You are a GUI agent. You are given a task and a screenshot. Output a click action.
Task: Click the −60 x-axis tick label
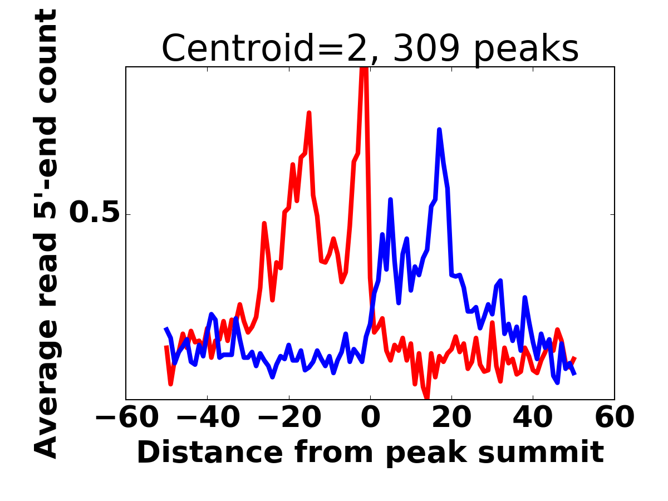(126, 417)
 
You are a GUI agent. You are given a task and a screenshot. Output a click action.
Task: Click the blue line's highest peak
(439, 130)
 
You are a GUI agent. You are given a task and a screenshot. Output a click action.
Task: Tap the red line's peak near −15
(309, 113)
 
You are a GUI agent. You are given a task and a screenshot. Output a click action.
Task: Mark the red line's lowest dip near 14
(427, 396)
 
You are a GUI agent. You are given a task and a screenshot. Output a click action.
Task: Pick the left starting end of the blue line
(166, 329)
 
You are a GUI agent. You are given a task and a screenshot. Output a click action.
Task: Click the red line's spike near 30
(492, 323)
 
